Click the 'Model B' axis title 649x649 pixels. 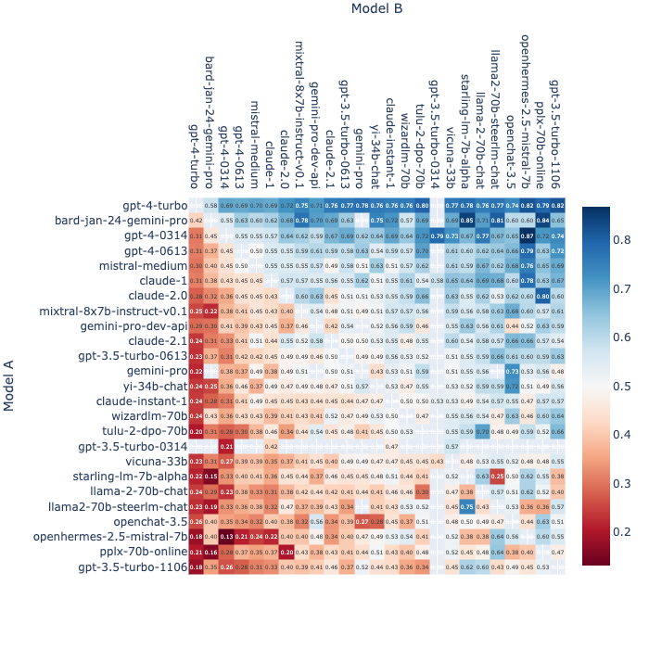click(x=376, y=9)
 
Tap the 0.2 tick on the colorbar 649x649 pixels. click(x=620, y=531)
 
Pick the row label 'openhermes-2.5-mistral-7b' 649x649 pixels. click(x=110, y=536)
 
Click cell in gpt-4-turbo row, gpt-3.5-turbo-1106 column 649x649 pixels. click(x=557, y=206)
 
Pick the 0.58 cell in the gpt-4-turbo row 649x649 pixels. click(x=211, y=206)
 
